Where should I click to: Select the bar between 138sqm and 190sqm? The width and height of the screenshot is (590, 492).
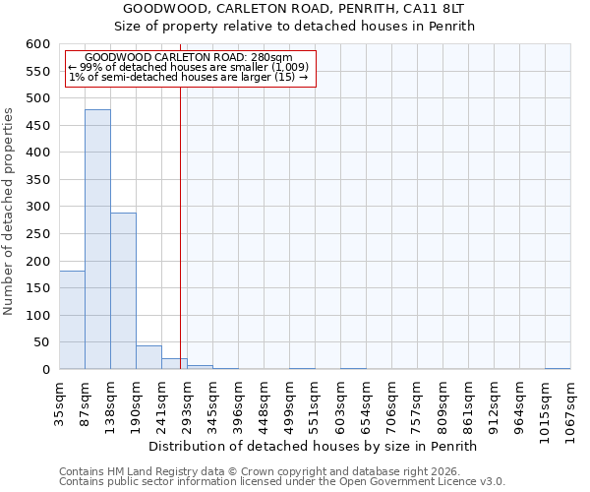coord(123,291)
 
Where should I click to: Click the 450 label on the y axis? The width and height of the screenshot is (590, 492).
coord(36,126)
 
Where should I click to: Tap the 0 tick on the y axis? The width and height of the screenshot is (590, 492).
coord(45,370)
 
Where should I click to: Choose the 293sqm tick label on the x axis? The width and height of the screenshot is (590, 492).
coord(188,400)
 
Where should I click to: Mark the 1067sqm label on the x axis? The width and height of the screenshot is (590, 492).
coord(571,404)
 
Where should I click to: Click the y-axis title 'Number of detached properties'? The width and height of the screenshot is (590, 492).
coord(10,212)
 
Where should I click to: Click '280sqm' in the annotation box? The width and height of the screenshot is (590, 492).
coord(272,57)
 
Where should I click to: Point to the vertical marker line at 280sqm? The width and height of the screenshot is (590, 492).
coord(180,226)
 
